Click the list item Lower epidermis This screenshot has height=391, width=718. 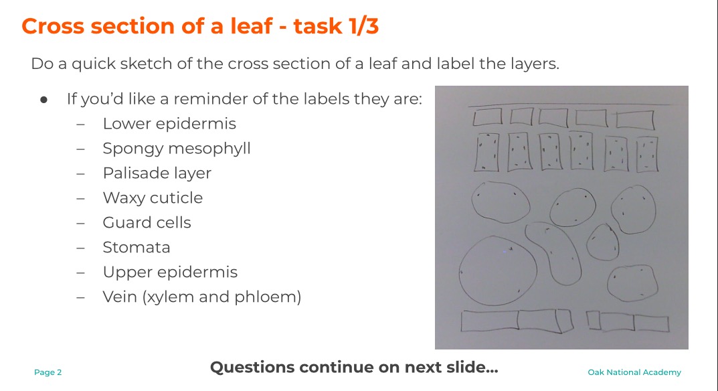(x=169, y=124)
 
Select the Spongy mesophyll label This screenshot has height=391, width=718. (x=177, y=149)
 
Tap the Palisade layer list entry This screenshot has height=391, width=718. (x=157, y=173)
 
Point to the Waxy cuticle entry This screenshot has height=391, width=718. (x=153, y=198)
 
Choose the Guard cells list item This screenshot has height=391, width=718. (x=147, y=222)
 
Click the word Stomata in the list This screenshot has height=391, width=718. (x=137, y=248)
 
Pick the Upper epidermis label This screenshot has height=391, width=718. (x=171, y=272)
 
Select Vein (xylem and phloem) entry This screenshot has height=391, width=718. (x=202, y=297)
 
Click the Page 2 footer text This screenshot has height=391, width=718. (x=48, y=372)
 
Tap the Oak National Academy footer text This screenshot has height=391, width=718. (x=634, y=372)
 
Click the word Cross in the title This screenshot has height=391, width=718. (x=53, y=26)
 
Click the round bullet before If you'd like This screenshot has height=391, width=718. (x=44, y=100)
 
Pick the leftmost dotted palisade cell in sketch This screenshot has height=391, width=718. (x=486, y=152)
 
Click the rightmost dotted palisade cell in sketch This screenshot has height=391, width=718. (x=647, y=155)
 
